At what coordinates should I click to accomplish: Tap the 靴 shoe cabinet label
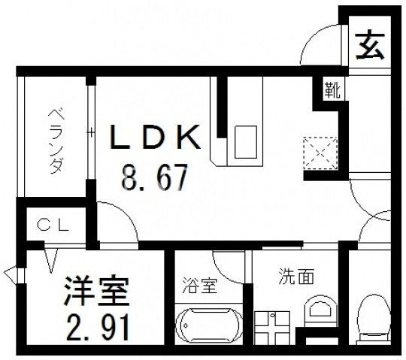tap(332, 90)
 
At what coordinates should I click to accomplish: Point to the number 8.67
tap(155, 180)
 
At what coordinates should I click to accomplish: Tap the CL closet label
tap(54, 223)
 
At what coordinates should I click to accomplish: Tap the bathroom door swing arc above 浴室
tap(229, 263)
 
